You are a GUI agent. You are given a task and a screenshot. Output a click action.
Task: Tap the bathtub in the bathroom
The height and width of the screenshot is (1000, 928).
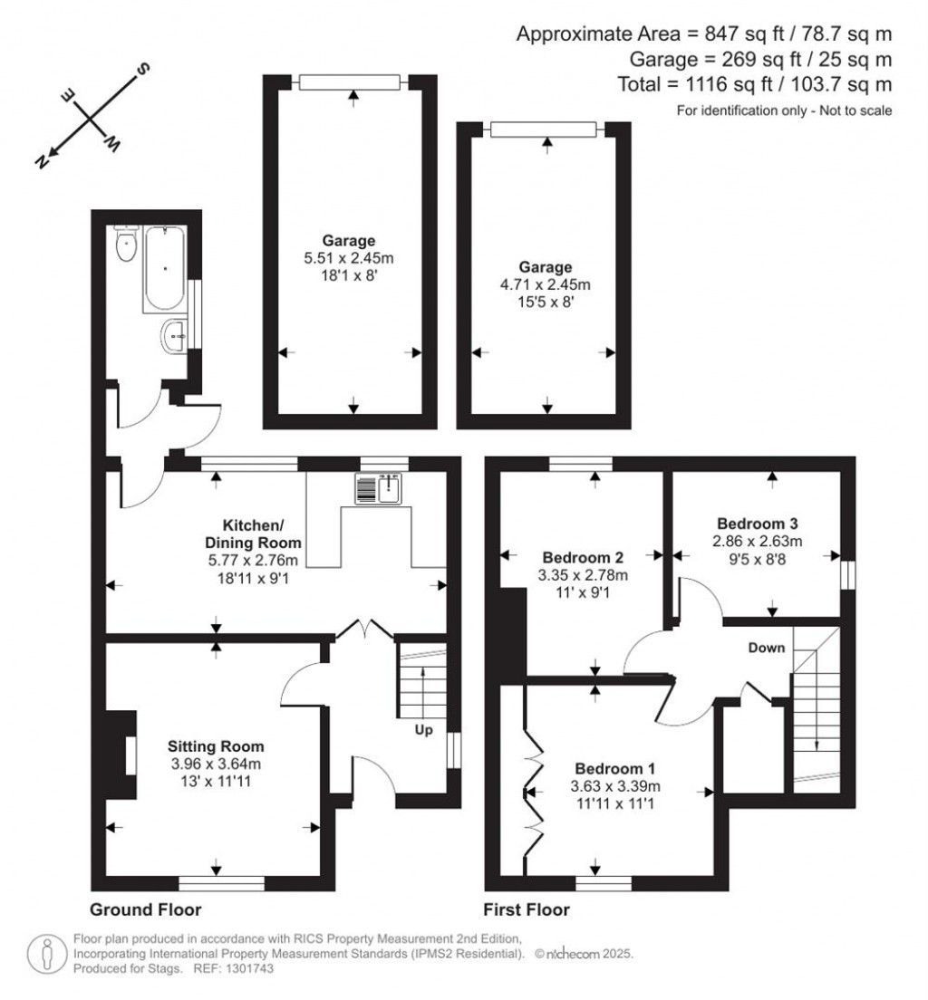pos(165,268)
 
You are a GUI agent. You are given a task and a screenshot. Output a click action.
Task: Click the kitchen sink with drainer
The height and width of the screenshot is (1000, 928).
pos(379,488)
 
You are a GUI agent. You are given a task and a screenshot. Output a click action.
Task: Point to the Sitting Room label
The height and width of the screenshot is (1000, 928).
pos(216,746)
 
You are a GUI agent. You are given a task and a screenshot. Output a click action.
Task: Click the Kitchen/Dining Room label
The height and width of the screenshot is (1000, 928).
pos(253,534)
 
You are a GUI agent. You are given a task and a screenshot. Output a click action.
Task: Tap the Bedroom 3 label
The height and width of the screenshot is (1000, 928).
pos(757,524)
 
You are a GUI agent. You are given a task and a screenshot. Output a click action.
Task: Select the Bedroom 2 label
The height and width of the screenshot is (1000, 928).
pos(583,558)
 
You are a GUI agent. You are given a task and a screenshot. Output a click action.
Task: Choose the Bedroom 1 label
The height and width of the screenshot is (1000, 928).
pos(614,768)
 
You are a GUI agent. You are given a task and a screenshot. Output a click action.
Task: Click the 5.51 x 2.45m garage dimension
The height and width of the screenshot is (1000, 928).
pos(349,258)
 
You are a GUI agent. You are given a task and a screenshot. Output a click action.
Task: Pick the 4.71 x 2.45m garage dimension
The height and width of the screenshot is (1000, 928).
pos(545,284)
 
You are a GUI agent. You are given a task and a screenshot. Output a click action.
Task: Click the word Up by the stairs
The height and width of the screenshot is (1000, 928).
pos(424,730)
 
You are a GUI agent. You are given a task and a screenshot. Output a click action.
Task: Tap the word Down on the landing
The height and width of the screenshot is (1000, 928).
pos(767,648)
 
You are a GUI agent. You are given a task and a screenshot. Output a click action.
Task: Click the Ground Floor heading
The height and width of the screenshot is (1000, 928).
pos(146,910)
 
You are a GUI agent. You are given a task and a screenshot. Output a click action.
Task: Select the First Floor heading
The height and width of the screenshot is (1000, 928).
pos(527,910)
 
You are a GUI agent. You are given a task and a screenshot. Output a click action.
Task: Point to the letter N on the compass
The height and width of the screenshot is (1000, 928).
pos(42,162)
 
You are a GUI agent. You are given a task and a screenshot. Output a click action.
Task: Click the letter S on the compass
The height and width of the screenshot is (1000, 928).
pos(143,68)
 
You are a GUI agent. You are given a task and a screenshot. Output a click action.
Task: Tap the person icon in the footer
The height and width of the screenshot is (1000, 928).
pos(46,954)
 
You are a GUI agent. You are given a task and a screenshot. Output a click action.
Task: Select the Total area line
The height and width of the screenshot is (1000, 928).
pos(754,84)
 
